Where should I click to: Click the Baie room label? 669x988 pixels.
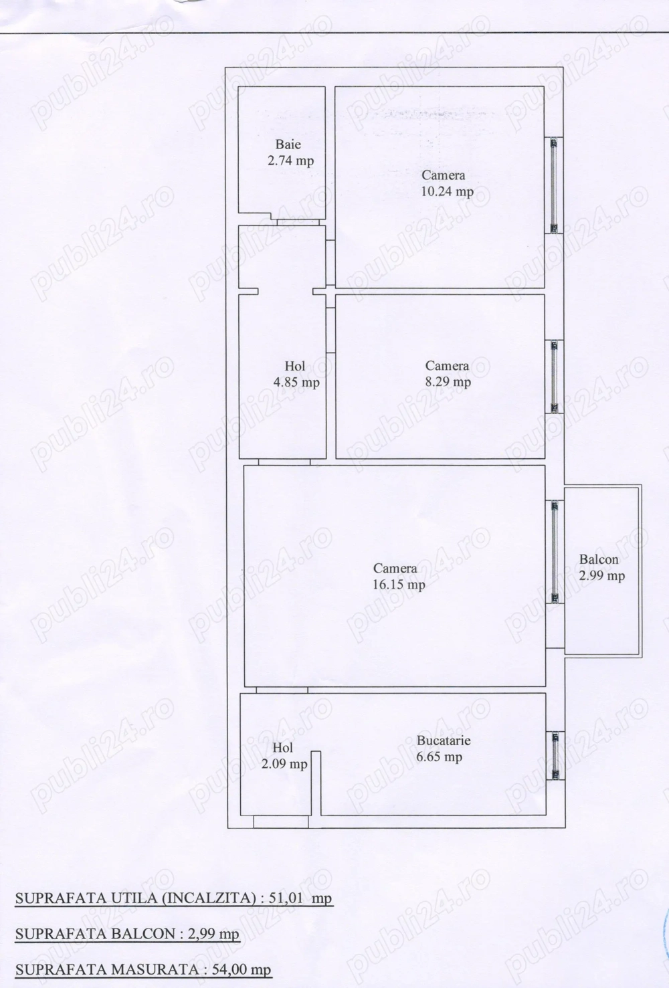(x=288, y=144)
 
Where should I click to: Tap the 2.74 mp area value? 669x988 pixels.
(x=290, y=161)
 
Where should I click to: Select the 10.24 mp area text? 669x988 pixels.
(x=447, y=192)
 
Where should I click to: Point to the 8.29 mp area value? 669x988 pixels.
(x=448, y=383)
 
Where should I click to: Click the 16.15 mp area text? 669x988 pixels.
(x=399, y=585)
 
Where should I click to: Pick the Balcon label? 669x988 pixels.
(x=599, y=560)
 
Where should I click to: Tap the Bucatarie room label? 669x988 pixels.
(x=444, y=741)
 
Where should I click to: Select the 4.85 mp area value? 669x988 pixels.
(x=295, y=383)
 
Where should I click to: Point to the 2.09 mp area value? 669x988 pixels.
(x=284, y=764)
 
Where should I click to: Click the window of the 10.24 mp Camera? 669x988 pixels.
(x=554, y=185)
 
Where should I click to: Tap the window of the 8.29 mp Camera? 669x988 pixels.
(x=554, y=377)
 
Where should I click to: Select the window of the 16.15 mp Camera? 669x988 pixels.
(x=554, y=552)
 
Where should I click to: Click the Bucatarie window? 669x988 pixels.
(x=555, y=756)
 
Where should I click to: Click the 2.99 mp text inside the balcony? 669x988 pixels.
(x=602, y=576)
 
